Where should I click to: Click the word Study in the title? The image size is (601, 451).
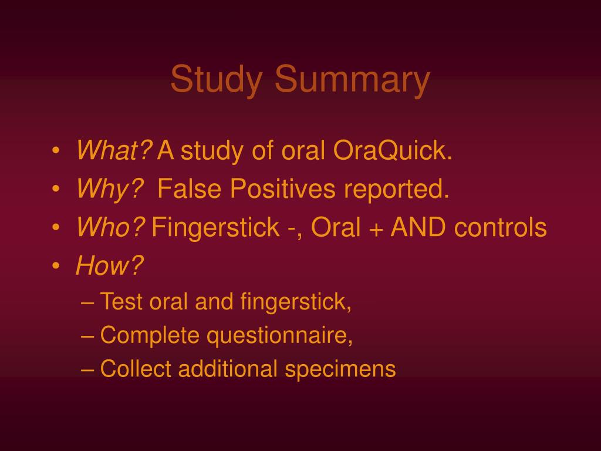point(217,79)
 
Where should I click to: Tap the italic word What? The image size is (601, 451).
point(114,150)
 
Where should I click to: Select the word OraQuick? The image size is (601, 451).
point(393,150)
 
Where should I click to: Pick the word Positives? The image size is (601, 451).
point(282,189)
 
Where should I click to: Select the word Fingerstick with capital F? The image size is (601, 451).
point(215,227)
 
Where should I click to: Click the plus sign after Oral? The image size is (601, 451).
point(377,228)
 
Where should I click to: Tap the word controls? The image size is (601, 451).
point(500,227)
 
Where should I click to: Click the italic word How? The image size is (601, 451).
point(110,265)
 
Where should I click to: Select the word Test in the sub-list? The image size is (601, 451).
point(121,301)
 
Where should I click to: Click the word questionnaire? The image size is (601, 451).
point(280,336)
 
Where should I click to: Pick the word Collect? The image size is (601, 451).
point(136,369)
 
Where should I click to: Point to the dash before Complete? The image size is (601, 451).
point(88,336)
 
